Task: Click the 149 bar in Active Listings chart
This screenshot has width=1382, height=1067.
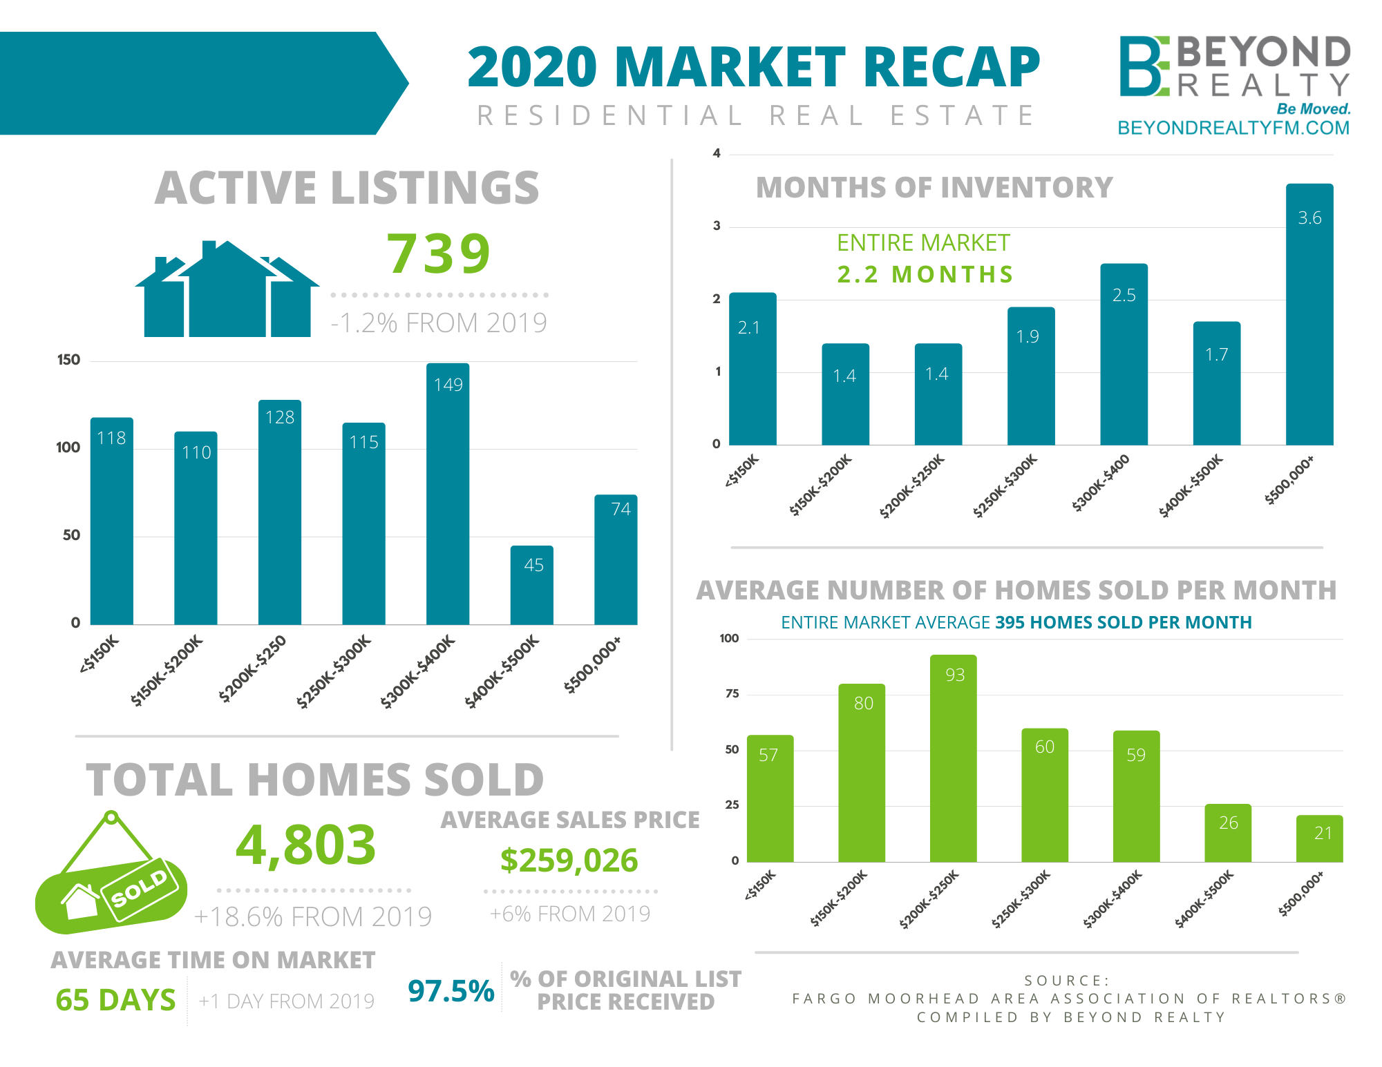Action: pos(448,494)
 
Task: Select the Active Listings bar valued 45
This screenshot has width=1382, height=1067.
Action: pos(532,585)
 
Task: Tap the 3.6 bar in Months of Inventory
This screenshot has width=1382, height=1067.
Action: pos(1309,314)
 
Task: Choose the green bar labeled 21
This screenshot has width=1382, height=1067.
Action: pos(1319,838)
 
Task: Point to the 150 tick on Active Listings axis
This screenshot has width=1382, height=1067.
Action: pos(68,360)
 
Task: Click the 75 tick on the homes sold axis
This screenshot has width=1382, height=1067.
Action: pos(732,694)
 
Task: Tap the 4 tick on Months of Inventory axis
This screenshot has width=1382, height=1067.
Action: pos(717,153)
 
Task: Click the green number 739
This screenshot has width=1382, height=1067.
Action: pos(439,253)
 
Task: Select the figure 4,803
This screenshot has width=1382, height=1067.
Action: pos(305,845)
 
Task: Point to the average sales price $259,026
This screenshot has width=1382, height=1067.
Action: pos(569,861)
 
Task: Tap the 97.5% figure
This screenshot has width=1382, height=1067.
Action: pos(451,991)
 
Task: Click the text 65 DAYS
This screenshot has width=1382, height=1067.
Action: pos(115,1000)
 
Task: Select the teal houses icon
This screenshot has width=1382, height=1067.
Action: pos(227,290)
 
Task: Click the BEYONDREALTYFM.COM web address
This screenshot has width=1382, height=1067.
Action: pos(1233,128)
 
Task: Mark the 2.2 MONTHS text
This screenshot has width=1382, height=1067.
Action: pos(925,275)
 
